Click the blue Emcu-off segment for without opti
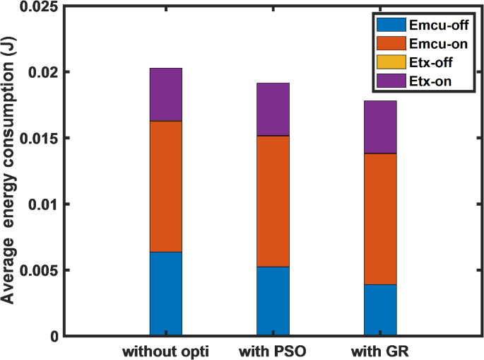point(166,294)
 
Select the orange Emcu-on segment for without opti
point(166,186)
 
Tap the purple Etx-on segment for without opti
point(166,94)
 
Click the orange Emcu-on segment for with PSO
point(273,201)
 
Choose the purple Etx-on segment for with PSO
point(273,109)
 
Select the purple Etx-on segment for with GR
point(380,127)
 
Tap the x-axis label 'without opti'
point(166,350)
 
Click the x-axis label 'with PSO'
point(273,350)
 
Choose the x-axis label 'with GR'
point(380,350)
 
